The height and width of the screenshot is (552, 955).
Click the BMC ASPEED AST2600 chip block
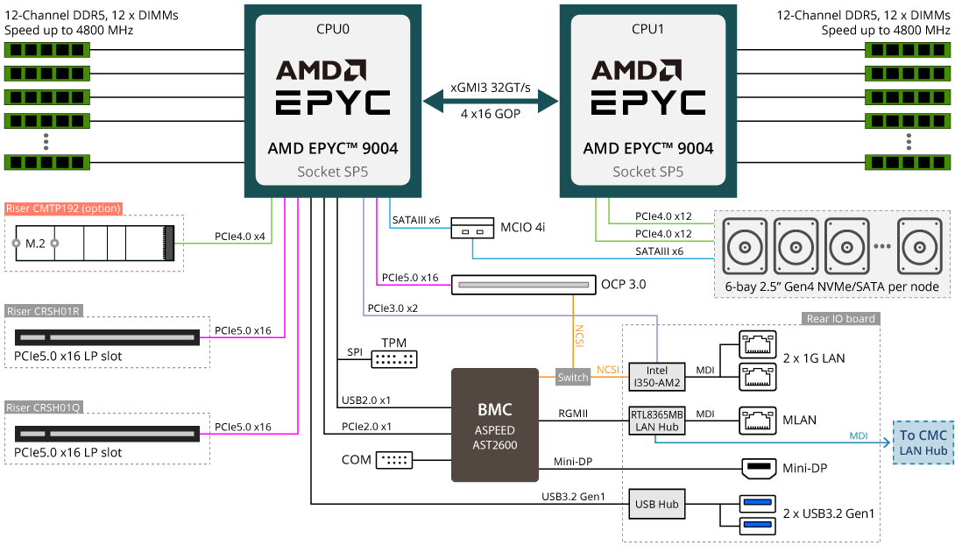coord(494,425)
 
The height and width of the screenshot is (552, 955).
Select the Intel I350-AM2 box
coord(657,377)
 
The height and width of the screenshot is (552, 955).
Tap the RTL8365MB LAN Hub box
coord(657,420)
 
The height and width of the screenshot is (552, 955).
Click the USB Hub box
coord(657,504)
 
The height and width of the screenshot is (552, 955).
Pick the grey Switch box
coord(573,378)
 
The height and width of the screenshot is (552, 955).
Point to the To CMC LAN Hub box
coord(923,442)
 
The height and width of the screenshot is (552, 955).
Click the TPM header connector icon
coord(395,359)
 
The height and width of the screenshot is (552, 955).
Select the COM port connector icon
coord(394,460)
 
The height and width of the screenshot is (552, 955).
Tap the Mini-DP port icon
coord(759,469)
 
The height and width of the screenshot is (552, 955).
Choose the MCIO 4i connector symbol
coord(473,232)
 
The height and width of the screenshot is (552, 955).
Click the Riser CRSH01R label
coord(44,311)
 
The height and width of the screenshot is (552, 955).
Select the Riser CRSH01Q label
coord(44,407)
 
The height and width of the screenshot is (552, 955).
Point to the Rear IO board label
coord(839,318)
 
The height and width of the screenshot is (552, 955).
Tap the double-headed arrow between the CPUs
coord(491,101)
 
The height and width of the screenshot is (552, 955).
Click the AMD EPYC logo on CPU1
coord(648,88)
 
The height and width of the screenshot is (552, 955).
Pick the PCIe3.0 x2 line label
coord(393,308)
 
